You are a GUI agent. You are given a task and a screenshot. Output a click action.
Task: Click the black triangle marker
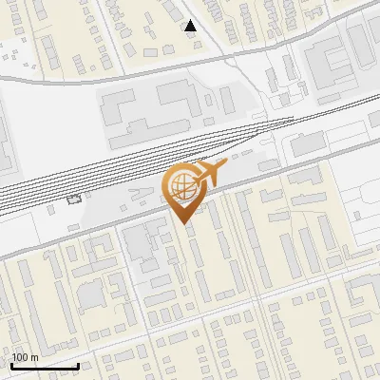click(191, 26)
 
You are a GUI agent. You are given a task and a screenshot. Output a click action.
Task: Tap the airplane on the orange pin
click(209, 173)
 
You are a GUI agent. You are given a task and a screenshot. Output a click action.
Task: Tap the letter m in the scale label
click(35, 356)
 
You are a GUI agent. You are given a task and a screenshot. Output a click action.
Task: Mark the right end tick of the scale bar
click(78, 365)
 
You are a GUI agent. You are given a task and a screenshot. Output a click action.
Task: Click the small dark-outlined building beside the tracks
click(74, 199)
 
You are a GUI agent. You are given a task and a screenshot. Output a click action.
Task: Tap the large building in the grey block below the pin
click(142, 246)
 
